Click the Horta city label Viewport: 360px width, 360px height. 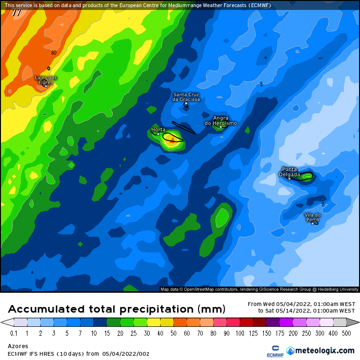[x=158, y=129]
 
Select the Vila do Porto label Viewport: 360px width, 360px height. [x=313, y=217]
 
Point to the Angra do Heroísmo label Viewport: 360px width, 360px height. [x=221, y=120]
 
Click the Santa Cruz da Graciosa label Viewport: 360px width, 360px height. [x=186, y=97]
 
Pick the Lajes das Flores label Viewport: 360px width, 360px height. [x=46, y=80]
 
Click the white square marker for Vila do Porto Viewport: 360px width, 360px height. [x=313, y=223]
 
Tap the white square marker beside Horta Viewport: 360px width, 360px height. [x=158, y=134]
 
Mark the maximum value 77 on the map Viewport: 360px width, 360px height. [x=17, y=13]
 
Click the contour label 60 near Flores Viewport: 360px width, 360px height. [x=54, y=53]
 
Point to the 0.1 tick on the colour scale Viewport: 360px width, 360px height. [x=14, y=333]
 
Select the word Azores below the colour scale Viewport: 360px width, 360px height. [x=18, y=346]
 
